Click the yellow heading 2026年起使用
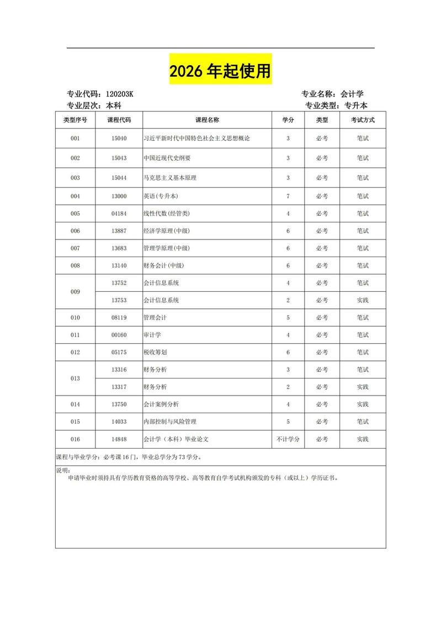220,71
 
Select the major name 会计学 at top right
352,94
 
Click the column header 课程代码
119,120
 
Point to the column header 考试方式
362,120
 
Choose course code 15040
119,138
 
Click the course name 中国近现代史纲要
167,158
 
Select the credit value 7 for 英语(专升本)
288,196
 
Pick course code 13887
119,231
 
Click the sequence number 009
75,291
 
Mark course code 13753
119,301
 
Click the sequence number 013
75,378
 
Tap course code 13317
119,387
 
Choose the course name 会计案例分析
161,404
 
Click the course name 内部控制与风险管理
169,422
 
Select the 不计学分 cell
288,440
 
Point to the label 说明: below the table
63,470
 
